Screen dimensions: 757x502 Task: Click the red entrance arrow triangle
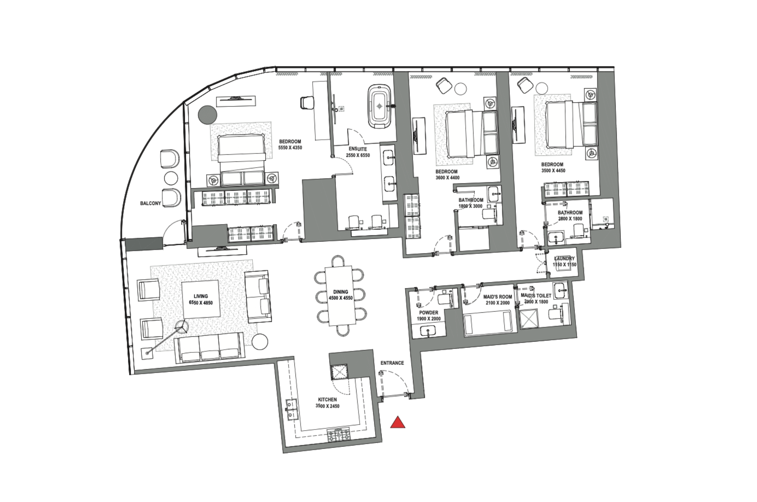pyautogui.click(x=398, y=422)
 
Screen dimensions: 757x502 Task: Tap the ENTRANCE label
pyautogui.click(x=392, y=363)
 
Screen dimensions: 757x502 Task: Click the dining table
pyautogui.click(x=339, y=296)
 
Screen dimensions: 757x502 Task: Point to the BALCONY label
pyautogui.click(x=151, y=203)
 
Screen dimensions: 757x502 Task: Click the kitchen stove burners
pyautogui.click(x=338, y=435)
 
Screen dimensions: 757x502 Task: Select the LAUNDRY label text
pyautogui.click(x=564, y=259)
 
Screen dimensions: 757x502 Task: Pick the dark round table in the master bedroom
pyautogui.click(x=208, y=114)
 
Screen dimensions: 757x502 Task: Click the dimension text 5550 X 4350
pyautogui.click(x=290, y=148)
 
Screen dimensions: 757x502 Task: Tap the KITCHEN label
pyautogui.click(x=327, y=400)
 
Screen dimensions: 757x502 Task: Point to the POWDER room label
pyautogui.click(x=429, y=313)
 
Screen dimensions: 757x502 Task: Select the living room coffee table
pyautogui.click(x=201, y=299)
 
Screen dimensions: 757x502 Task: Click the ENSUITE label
pyautogui.click(x=358, y=149)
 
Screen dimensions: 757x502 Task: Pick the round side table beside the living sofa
pyautogui.click(x=260, y=342)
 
